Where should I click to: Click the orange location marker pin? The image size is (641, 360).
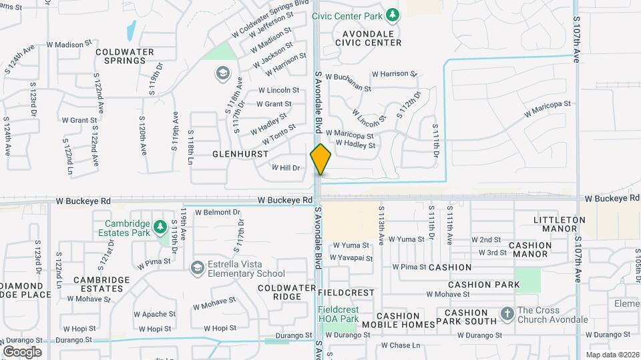click(320, 159)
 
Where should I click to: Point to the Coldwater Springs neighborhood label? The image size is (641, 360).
click(125, 56)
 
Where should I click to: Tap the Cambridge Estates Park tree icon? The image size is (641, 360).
click(160, 228)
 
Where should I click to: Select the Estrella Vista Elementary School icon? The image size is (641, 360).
click(197, 268)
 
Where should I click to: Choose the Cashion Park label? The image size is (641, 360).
click(484, 285)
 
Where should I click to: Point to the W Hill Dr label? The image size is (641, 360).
click(286, 168)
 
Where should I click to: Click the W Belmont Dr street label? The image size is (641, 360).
click(218, 213)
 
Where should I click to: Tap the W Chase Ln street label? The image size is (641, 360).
click(401, 345)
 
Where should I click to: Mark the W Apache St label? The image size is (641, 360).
click(154, 313)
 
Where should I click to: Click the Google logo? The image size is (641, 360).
click(22, 351)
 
